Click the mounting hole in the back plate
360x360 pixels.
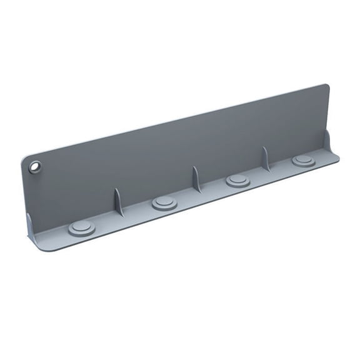coord(35,166)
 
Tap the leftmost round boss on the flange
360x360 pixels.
coord(82,228)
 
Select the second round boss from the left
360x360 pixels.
coord(164,203)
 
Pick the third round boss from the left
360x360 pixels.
coord(237,181)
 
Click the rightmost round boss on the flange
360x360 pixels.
coord(303,161)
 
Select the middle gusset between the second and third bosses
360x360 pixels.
coord(196,179)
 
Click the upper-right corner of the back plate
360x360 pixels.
coord(326,86)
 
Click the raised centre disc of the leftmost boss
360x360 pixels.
coord(82,226)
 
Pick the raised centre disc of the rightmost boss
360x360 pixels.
coord(303,159)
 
